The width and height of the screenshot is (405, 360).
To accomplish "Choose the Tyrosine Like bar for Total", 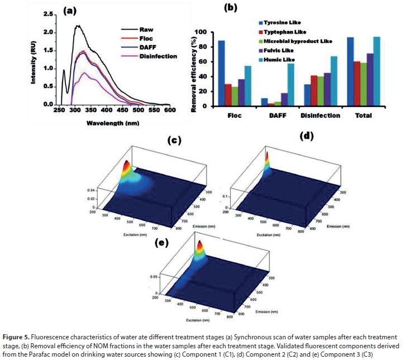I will click(x=350, y=71).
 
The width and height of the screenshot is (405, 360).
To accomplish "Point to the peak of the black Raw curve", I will click(x=78, y=25).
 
